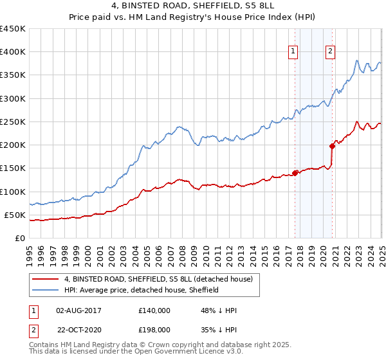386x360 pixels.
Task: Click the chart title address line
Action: (x=192, y=5)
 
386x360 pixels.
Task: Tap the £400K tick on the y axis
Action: (x=13, y=52)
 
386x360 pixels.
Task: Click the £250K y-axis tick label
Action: (x=13, y=122)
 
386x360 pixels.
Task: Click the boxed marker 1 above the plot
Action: (x=293, y=53)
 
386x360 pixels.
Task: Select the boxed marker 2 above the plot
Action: (x=331, y=53)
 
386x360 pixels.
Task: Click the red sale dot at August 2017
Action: (x=295, y=172)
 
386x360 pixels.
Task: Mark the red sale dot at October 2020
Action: (x=333, y=145)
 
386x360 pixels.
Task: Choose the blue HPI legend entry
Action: (x=142, y=290)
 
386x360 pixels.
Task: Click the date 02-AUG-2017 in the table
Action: (x=79, y=310)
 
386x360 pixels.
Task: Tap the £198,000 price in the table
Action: (x=154, y=330)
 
